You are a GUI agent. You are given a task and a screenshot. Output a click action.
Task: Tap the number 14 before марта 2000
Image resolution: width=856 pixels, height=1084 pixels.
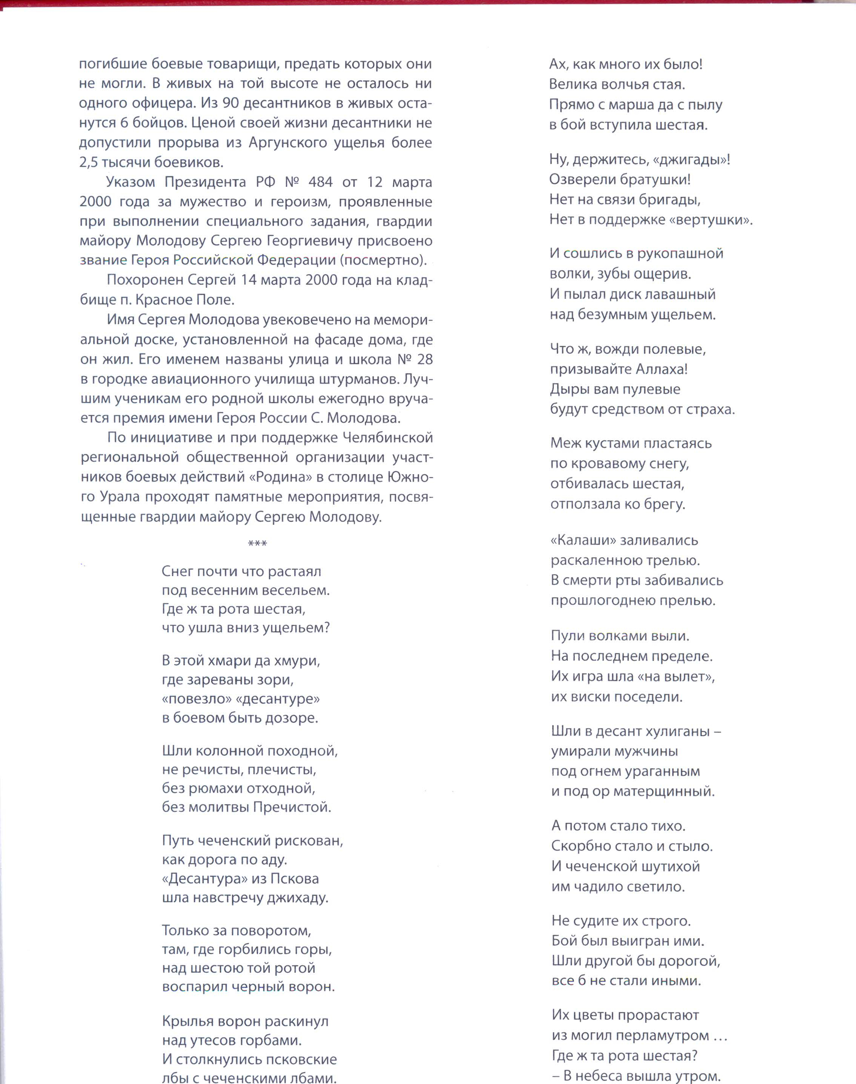click(248, 280)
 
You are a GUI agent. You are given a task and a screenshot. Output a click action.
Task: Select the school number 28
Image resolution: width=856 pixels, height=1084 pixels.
click(424, 359)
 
